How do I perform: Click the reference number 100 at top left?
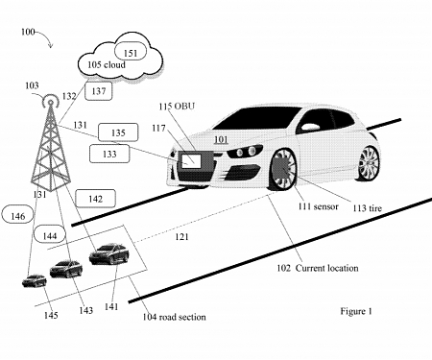28,32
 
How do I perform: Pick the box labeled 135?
143,133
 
